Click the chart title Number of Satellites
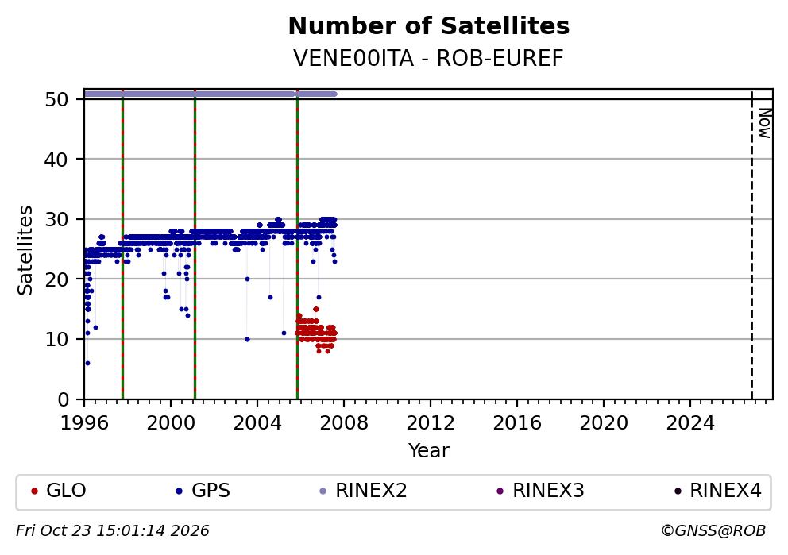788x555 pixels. [x=429, y=26]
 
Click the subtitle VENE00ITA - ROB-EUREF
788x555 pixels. [x=429, y=58]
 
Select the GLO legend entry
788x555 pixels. [x=58, y=491]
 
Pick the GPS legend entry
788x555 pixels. [x=203, y=491]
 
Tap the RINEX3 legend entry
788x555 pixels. [x=540, y=491]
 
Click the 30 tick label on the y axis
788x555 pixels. [x=56, y=219]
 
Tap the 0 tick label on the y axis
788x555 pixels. [x=63, y=399]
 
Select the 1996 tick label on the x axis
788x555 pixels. [x=84, y=423]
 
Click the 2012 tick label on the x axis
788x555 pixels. [x=431, y=423]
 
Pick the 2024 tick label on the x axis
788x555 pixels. [x=690, y=423]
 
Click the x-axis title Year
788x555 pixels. [x=429, y=450]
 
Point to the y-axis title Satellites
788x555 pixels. [x=25, y=250]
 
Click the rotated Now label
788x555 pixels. [x=764, y=124]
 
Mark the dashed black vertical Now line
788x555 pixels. [x=751, y=245]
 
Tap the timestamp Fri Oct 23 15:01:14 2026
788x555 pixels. [x=113, y=531]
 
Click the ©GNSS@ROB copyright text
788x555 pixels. [x=713, y=531]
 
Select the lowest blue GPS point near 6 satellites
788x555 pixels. [x=87, y=363]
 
